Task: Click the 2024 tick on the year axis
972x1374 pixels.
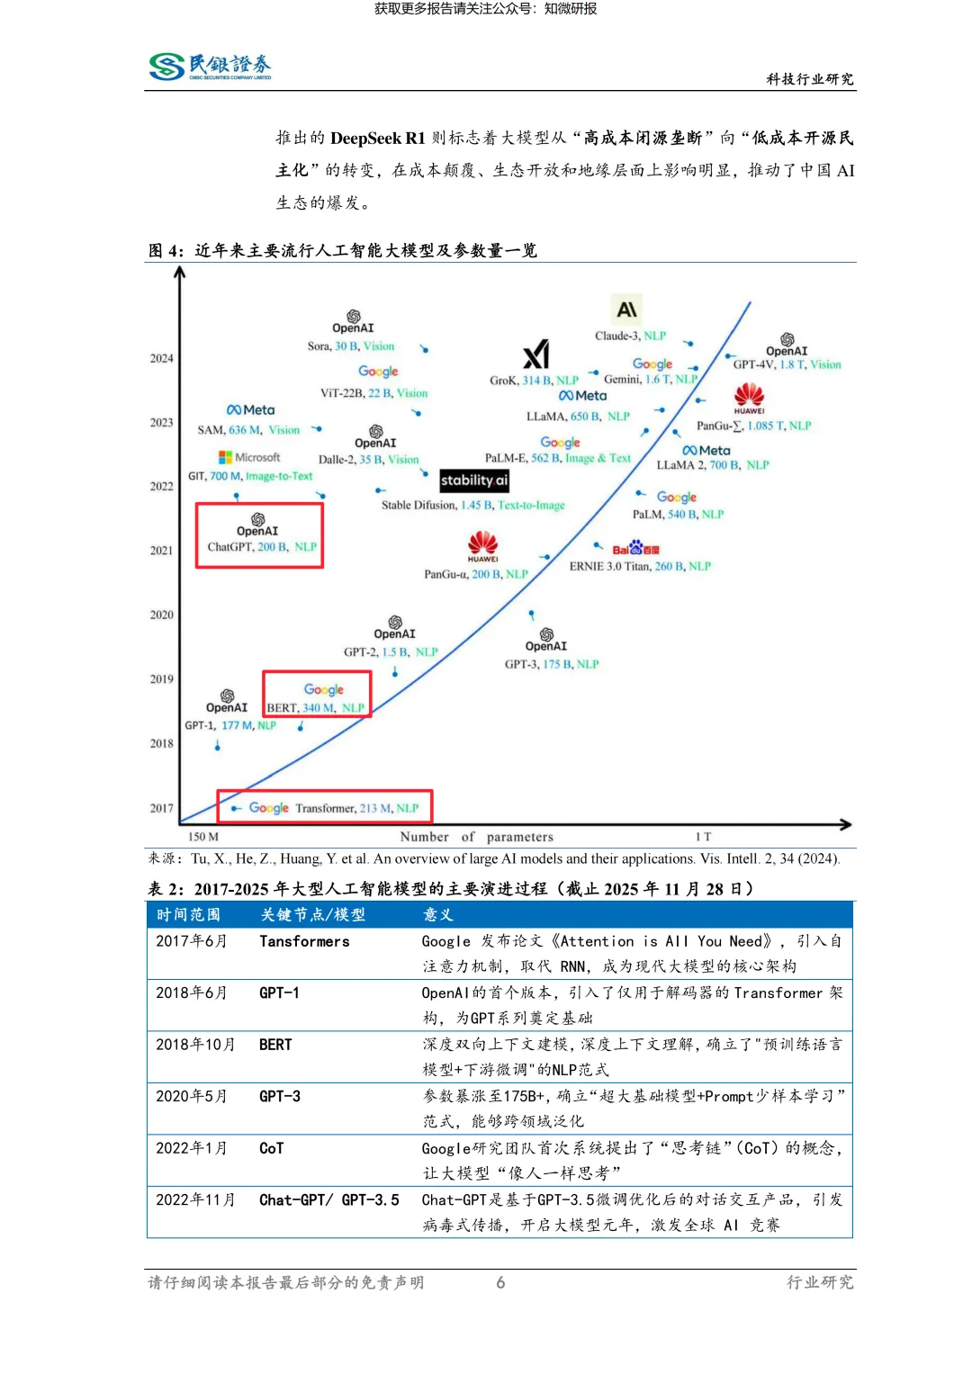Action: (x=162, y=358)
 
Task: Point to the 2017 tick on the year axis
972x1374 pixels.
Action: (x=162, y=808)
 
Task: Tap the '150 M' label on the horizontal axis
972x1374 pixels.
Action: (x=203, y=837)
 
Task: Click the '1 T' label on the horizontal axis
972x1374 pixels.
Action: (x=703, y=837)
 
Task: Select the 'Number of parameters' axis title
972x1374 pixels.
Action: (x=476, y=837)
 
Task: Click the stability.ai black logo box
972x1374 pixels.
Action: (x=474, y=480)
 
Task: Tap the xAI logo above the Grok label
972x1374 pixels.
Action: (x=536, y=355)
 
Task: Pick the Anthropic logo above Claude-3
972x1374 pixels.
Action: (x=626, y=310)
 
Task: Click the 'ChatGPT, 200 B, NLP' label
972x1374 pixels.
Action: (x=262, y=547)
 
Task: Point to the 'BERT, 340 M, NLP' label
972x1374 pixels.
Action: (x=315, y=708)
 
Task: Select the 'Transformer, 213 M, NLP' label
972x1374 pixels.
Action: (x=356, y=808)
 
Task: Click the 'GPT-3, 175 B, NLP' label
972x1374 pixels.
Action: (x=552, y=665)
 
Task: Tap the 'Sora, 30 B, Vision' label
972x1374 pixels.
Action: (x=351, y=346)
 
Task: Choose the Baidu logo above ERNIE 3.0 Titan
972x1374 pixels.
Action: (x=636, y=549)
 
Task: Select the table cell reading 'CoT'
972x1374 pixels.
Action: (x=271, y=1148)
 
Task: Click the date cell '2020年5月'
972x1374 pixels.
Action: (x=192, y=1096)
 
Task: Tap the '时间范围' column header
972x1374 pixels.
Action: (x=188, y=914)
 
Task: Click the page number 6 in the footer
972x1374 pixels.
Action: (x=500, y=1282)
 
